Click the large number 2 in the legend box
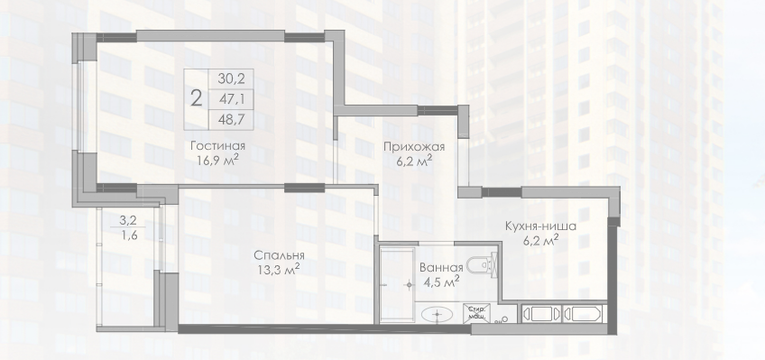(x=196, y=98)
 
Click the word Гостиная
(x=217, y=146)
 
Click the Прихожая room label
(x=414, y=147)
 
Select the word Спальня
(x=279, y=255)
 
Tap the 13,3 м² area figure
(x=279, y=269)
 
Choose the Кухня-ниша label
(x=540, y=226)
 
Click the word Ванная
(x=441, y=267)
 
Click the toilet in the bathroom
(x=482, y=265)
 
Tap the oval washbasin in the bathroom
(x=437, y=315)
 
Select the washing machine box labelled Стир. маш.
(x=477, y=312)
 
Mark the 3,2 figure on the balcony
(x=126, y=220)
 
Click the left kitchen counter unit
(x=541, y=314)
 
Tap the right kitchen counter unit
(x=582, y=314)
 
